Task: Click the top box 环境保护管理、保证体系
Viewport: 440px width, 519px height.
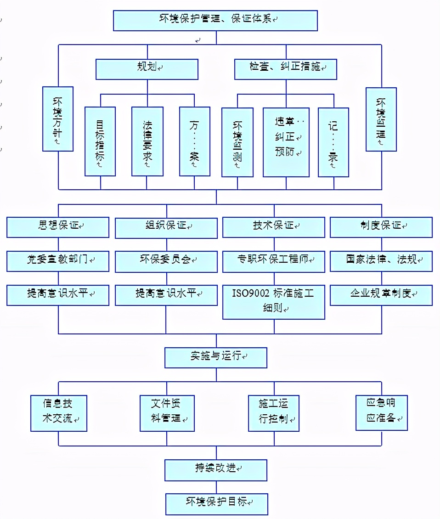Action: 215,20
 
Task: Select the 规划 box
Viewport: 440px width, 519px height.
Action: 147,69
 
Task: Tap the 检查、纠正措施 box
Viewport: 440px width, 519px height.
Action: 286,69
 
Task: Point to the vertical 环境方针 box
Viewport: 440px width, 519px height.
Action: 58,119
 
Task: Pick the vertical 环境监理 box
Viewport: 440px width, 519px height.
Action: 381,119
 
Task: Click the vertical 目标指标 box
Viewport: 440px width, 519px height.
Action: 100,141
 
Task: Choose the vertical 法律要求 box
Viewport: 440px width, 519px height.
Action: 147,141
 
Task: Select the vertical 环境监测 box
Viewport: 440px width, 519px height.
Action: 237,142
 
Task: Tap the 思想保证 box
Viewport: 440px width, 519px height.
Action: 58,227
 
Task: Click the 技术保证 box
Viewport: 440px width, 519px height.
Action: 274,227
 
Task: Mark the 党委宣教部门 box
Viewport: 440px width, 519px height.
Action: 58,261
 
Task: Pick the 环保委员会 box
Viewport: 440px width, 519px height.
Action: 166,261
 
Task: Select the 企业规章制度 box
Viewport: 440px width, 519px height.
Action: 381,295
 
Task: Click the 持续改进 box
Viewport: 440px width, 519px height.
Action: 216,469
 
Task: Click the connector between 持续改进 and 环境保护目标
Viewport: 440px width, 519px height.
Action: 216,486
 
